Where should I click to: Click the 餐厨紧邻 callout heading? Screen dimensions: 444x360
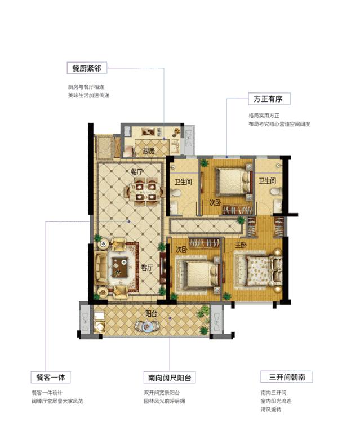[85, 69]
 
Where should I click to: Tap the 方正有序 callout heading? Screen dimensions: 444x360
[268, 99]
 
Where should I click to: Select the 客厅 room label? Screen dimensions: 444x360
[148, 268]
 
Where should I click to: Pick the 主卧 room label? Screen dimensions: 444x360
[241, 245]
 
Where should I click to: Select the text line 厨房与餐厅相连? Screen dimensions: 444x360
[86, 87]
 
